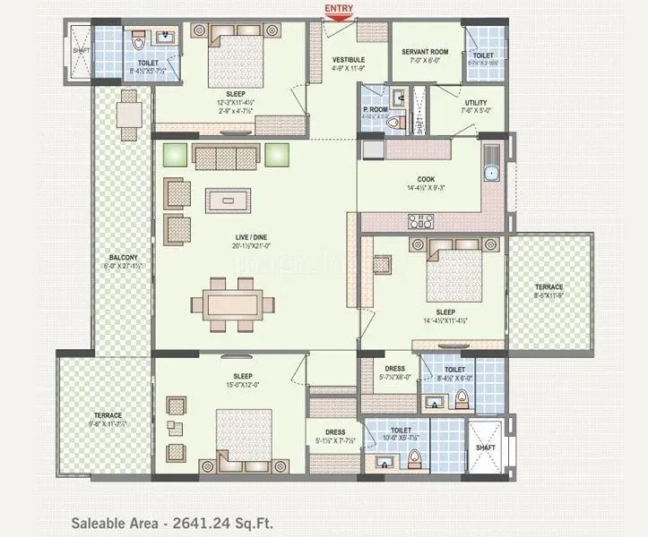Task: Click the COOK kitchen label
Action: (425, 178)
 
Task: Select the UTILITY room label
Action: (475, 102)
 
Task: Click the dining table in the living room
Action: (232, 302)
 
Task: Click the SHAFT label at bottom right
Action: (486, 447)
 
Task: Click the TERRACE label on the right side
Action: (550, 287)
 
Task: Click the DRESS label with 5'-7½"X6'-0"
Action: (394, 368)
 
